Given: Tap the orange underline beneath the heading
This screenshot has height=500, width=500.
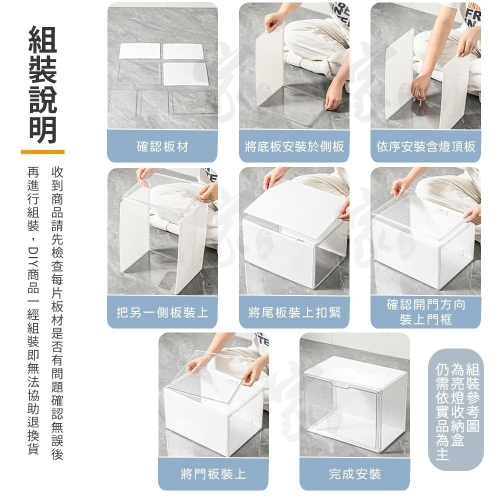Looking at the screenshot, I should point(42,151).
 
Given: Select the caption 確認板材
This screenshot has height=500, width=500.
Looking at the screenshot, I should point(162,146).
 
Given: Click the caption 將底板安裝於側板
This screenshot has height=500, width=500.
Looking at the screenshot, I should point(294,146).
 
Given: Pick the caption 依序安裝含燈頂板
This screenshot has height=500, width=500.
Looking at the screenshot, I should point(425,146).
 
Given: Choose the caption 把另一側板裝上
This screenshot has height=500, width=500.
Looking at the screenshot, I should point(162,312).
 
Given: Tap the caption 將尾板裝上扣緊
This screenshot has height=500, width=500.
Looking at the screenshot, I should point(294,312).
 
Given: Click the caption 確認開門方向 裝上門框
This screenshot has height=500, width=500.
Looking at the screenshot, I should point(425,312).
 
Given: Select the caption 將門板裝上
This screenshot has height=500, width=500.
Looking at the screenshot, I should point(213,473).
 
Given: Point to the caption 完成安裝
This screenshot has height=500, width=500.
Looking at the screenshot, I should point(354,473).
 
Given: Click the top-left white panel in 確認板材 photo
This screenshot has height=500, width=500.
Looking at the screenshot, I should point(139,52).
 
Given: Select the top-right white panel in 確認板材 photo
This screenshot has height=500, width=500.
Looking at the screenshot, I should point(183,52).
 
